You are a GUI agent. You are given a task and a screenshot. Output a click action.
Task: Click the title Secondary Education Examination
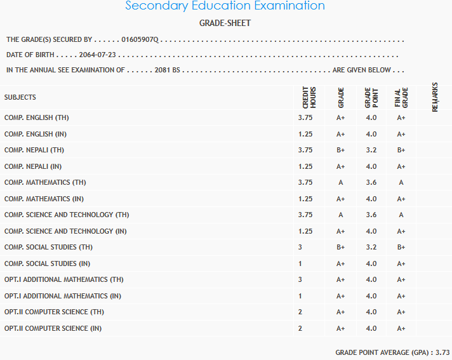pos(225,6)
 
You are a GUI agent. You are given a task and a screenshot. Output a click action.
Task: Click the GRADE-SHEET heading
pos(225,23)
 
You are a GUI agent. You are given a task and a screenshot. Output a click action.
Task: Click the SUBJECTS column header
pos(20,97)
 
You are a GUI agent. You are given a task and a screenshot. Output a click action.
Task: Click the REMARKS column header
pos(435,97)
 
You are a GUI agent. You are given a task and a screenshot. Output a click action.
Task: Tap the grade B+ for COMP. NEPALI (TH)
pos(340,150)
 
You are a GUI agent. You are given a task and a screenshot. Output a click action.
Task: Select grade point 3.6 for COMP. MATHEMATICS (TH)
pos(371,182)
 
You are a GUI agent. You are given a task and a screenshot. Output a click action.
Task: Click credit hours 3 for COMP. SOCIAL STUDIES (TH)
pos(300,247)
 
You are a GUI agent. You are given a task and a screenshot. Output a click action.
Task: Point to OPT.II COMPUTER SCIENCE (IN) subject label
pos(53,328)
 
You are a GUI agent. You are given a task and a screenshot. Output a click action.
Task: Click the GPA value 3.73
pos(443,352)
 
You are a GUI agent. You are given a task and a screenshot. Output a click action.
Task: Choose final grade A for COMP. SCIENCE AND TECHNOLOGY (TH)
pos(401,215)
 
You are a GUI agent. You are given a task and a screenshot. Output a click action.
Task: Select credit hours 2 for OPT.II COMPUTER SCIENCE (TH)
pos(300,312)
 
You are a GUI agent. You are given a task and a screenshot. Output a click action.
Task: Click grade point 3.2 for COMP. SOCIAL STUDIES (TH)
pos(371,247)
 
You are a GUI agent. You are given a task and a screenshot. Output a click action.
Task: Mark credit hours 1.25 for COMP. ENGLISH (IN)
pos(305,134)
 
